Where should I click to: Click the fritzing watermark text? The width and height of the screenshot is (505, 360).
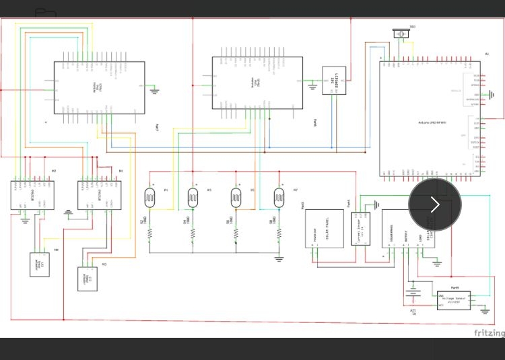[x=489, y=332]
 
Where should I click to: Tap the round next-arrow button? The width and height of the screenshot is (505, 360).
[x=435, y=205]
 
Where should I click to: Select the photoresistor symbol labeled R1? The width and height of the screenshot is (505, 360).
[x=149, y=197]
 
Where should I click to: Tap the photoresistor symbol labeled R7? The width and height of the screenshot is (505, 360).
[x=279, y=197]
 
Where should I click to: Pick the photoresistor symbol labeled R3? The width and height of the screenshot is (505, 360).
[x=193, y=197]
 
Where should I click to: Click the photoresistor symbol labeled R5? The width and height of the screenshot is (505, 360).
[x=236, y=197]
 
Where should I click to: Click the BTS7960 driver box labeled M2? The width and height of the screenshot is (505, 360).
[x=32, y=195]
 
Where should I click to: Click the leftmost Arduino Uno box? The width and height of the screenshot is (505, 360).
[x=99, y=87]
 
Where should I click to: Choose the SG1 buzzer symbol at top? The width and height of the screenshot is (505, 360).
[x=403, y=33]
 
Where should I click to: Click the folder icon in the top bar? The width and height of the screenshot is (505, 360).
[x=45, y=13]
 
